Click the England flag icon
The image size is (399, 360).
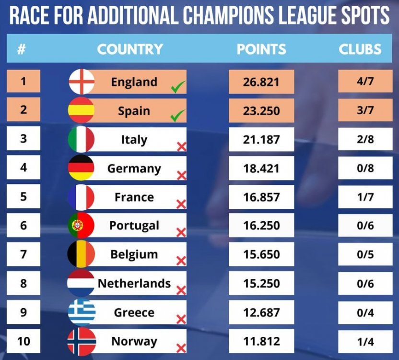82,82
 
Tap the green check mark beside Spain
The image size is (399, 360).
178,116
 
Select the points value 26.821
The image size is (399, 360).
261,82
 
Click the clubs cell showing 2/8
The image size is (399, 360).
365,140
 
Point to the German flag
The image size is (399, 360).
82,168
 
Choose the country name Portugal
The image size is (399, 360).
134,226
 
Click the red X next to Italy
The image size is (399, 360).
181,146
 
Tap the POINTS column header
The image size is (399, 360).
261,49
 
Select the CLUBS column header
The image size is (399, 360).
360,49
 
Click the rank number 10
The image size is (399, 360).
23,341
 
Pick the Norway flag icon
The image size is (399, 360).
82,342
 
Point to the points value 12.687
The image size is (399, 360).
261,312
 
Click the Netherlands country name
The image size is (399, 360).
134,283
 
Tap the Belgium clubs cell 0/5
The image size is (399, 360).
365,254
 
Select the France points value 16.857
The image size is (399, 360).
261,197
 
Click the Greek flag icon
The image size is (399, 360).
82,312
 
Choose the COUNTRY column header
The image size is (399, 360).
130,49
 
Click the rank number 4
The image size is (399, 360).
23,168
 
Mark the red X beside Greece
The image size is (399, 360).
181,319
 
